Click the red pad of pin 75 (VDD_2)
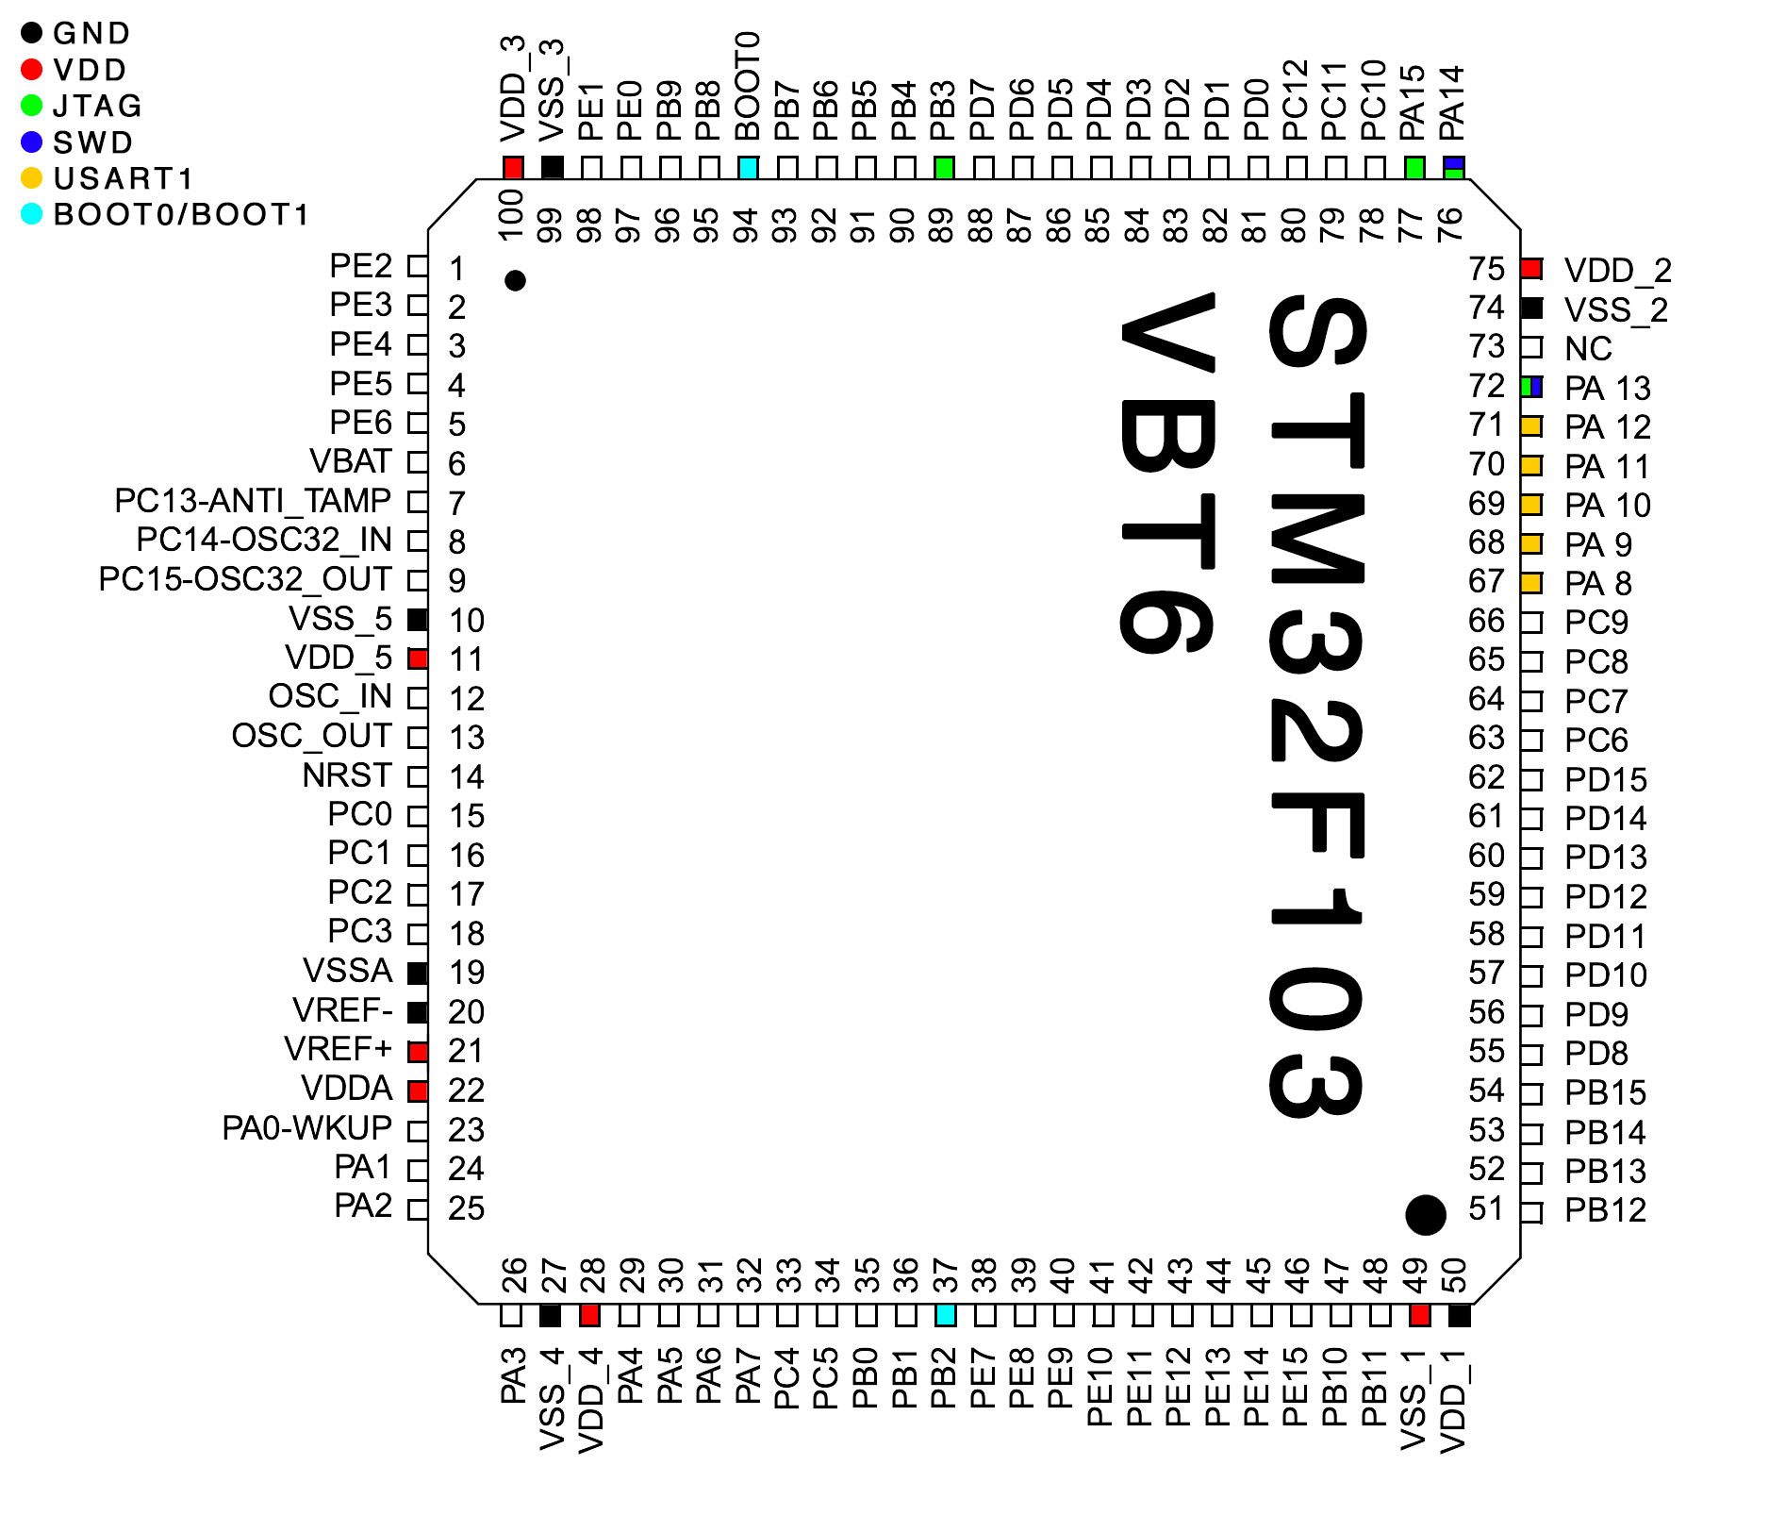(1531, 269)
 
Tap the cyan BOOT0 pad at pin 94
(748, 168)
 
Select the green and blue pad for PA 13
(1531, 387)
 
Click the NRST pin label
(346, 775)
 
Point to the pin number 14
(466, 777)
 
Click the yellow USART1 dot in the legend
(32, 178)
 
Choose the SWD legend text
(92, 142)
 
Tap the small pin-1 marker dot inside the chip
(515, 280)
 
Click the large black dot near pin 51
(1425, 1214)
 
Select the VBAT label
(350, 461)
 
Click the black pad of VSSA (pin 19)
(418, 973)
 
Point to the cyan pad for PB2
(946, 1315)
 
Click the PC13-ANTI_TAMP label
(252, 501)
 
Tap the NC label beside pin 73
(1588, 349)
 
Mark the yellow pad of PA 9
(1531, 544)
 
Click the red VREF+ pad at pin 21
(418, 1051)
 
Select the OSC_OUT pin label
(311, 736)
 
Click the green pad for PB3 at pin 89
(944, 168)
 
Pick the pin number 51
(1486, 1208)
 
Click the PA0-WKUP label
(306, 1128)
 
